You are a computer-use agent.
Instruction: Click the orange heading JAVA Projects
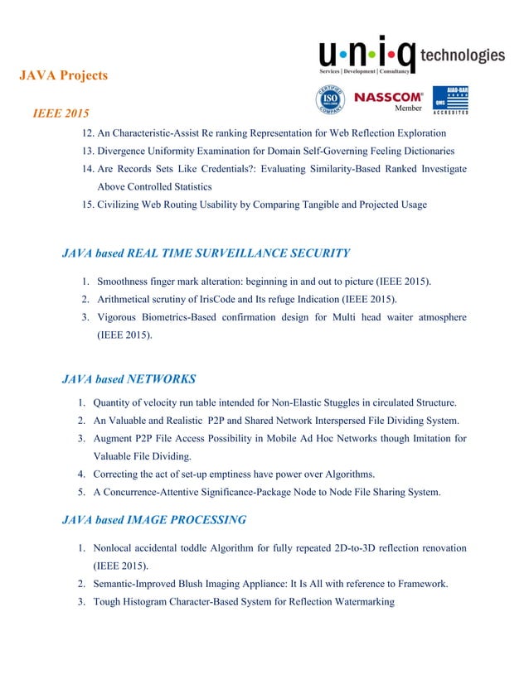coord(63,76)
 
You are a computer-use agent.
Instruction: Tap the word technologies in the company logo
coord(463,55)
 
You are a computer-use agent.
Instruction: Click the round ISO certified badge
coord(329,99)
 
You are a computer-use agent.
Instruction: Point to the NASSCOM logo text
coord(389,96)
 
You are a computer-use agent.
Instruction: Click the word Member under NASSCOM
coord(408,108)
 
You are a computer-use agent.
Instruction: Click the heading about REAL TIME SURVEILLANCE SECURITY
coord(206,253)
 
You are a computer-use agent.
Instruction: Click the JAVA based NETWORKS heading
coord(129,380)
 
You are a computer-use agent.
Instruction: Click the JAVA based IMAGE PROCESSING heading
coord(154,520)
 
